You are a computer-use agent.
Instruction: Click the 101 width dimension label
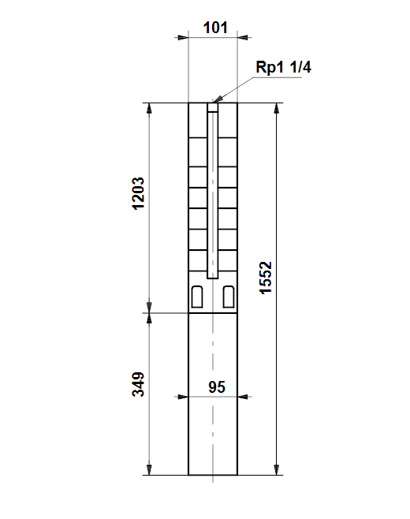215,28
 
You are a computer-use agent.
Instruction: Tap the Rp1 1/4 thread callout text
283,67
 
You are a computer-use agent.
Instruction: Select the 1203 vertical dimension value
138,193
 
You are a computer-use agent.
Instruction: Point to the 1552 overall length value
266,278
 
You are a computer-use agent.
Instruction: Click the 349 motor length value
138,384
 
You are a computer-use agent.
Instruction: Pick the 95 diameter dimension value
217,387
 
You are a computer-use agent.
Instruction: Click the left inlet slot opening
197,297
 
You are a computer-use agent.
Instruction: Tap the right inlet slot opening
229,297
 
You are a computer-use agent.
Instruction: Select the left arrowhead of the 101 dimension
183,37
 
